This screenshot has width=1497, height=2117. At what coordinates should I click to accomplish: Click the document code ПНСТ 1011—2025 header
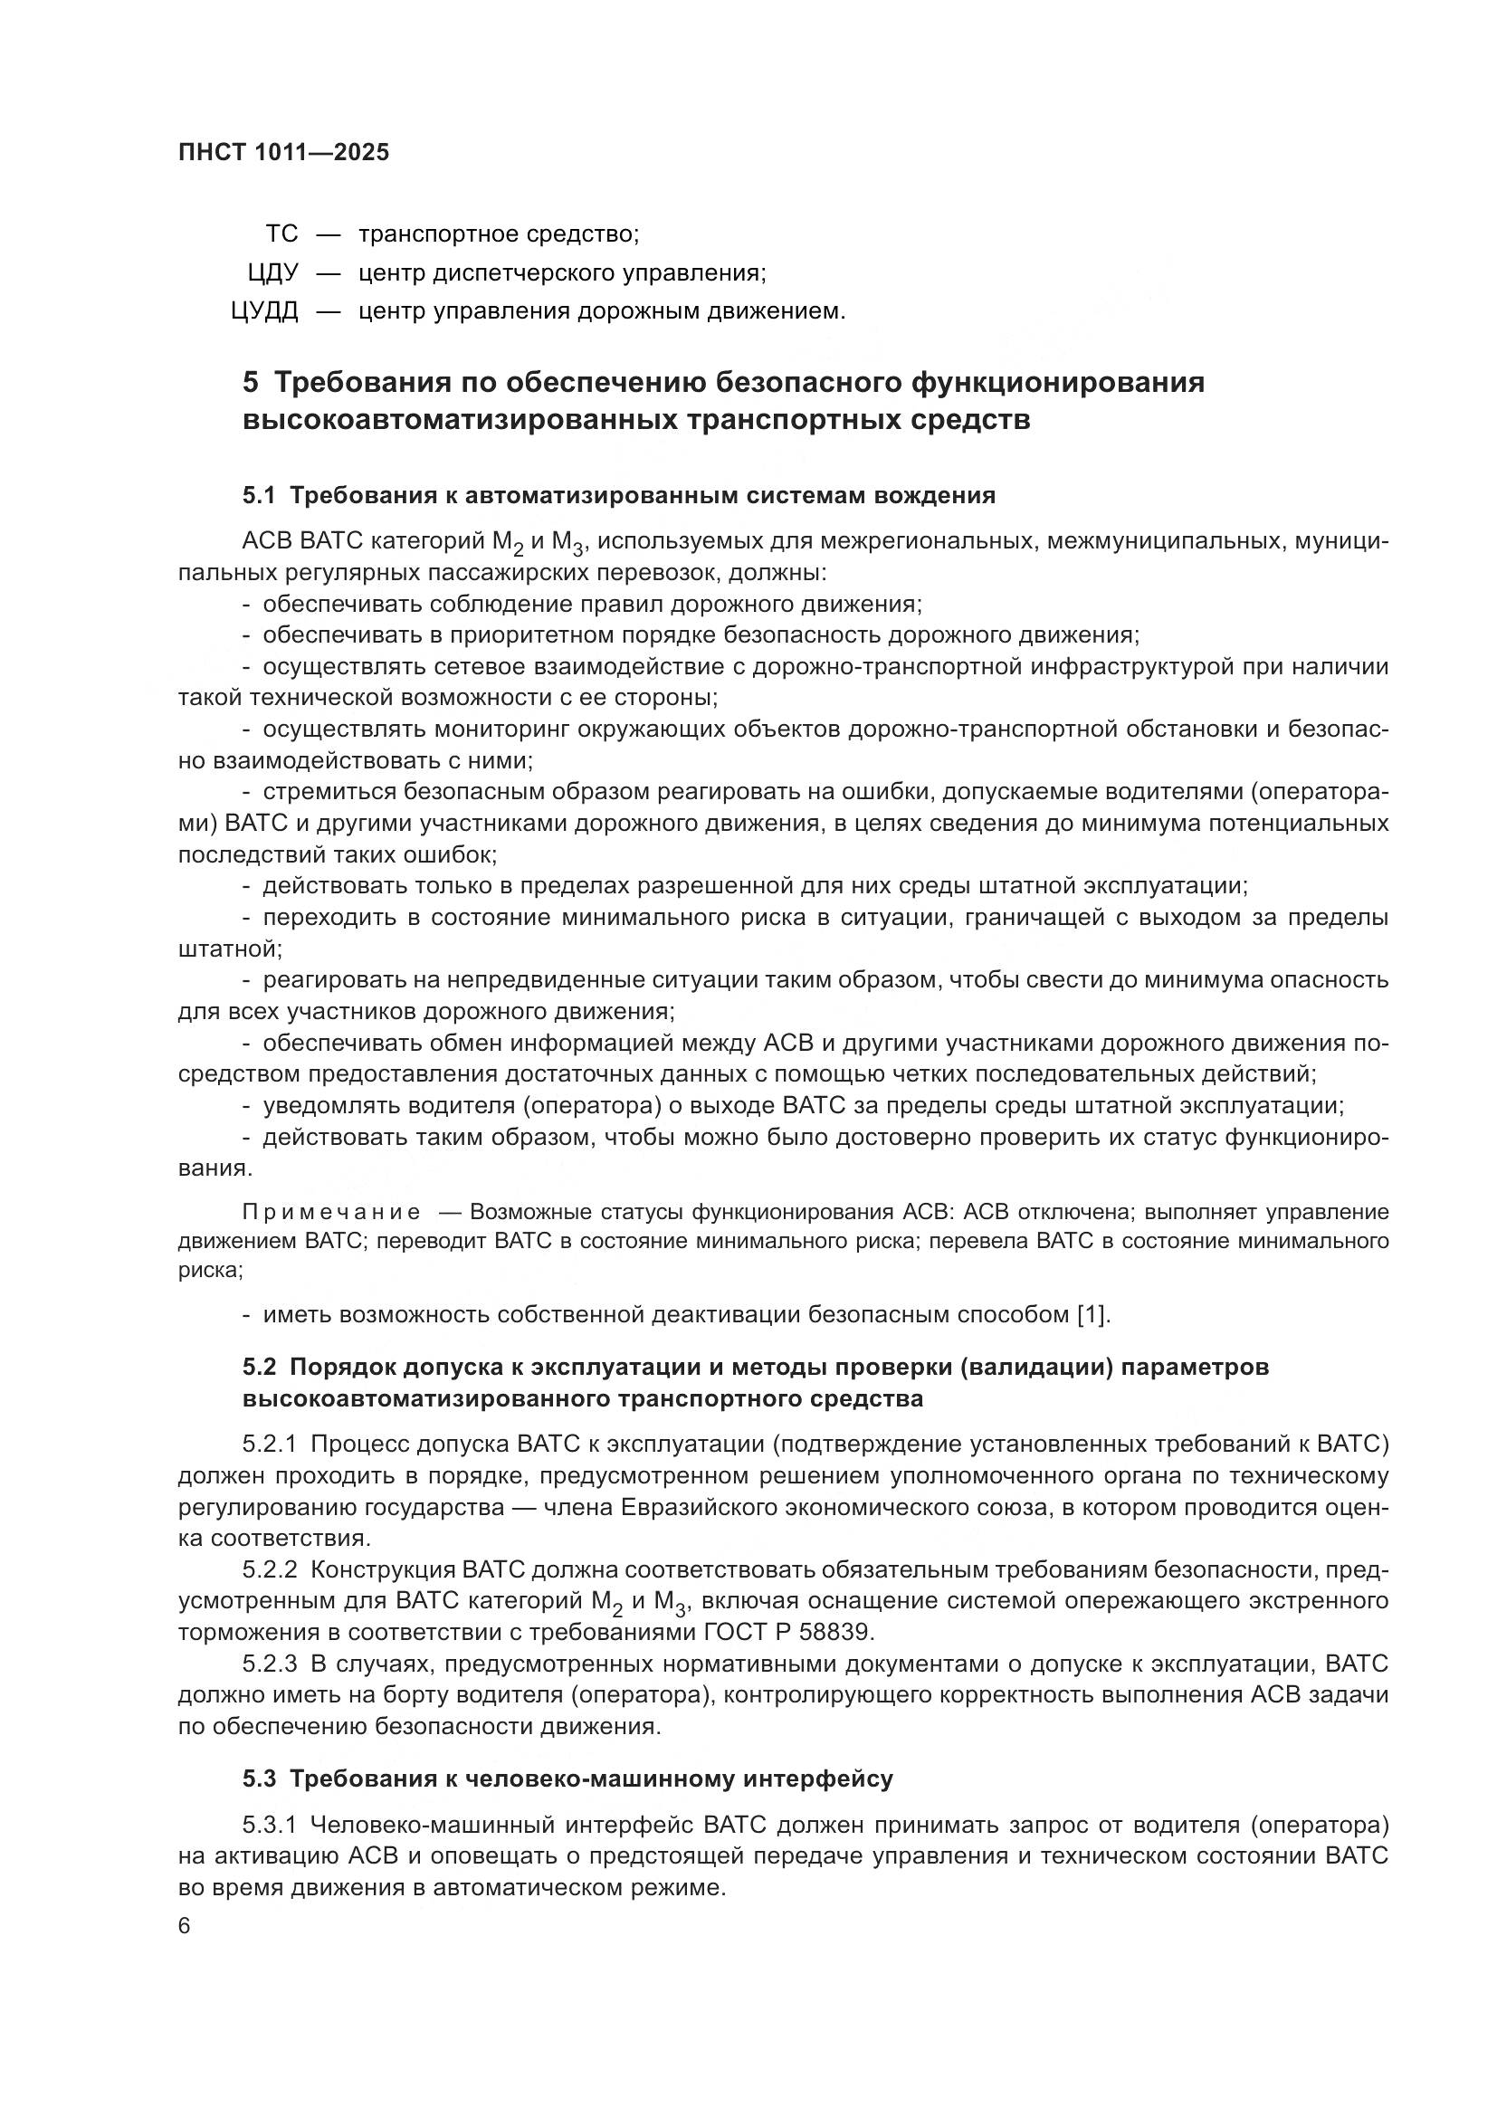tap(284, 153)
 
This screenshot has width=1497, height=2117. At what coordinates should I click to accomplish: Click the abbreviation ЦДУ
tap(272, 273)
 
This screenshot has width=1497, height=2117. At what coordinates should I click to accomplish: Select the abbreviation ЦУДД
tap(264, 311)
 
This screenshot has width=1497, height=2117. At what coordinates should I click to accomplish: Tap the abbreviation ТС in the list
tap(282, 234)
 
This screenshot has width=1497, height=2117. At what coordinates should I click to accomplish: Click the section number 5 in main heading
tap(251, 382)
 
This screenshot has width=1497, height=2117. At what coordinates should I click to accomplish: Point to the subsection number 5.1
tap(259, 496)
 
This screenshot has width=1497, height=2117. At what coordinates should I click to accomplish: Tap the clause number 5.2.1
tap(270, 1444)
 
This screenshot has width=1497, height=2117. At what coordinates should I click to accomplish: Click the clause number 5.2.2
tap(270, 1569)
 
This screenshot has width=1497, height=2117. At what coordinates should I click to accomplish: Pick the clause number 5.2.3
tap(270, 1664)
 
